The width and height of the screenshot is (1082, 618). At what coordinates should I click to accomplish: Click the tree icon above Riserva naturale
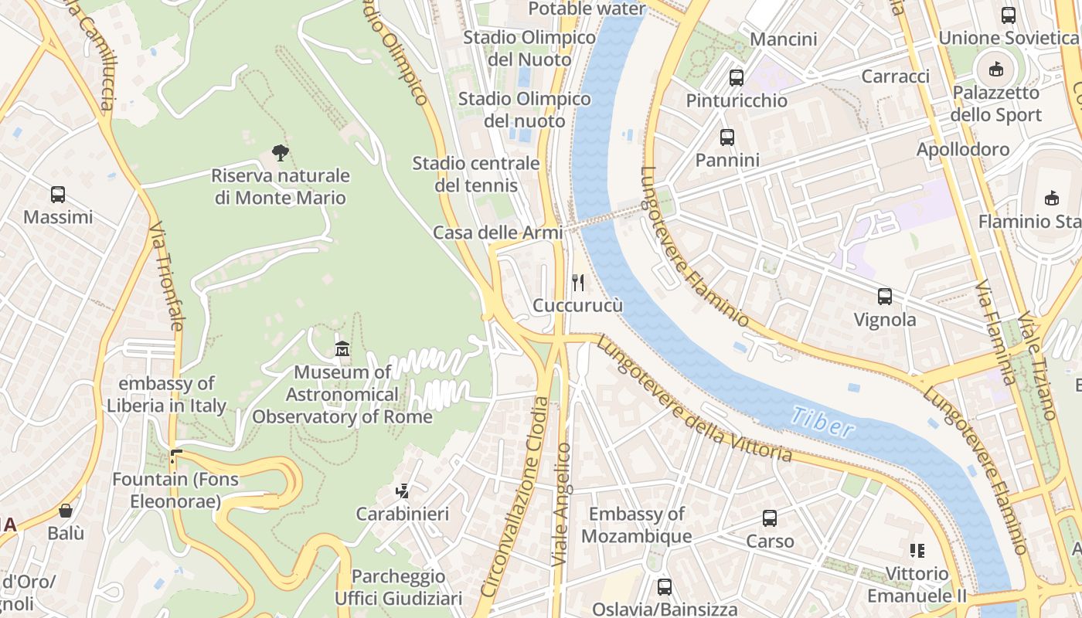click(x=281, y=152)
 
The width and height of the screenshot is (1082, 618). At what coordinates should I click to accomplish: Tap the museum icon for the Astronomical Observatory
click(x=342, y=349)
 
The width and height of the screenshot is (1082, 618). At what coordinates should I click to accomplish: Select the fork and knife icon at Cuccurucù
click(x=577, y=282)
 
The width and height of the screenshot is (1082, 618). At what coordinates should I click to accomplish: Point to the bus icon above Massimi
click(x=58, y=194)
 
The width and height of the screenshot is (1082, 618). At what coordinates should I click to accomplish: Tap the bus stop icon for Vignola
click(x=885, y=296)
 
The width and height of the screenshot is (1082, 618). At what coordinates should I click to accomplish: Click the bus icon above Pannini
click(x=727, y=138)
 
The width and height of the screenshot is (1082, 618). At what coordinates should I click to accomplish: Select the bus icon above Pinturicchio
click(x=737, y=77)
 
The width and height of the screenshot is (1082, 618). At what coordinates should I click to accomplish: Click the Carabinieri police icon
click(x=402, y=491)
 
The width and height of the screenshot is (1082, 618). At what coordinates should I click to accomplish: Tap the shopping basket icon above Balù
click(x=66, y=511)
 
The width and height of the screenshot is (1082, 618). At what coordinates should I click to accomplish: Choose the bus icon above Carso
click(x=770, y=518)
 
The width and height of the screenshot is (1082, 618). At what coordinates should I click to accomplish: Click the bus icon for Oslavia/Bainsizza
click(x=664, y=587)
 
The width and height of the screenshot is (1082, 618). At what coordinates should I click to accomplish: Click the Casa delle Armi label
click(x=498, y=233)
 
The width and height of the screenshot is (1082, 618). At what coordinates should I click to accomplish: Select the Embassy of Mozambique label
click(x=636, y=525)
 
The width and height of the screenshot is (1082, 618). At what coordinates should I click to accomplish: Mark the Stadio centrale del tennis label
click(x=475, y=174)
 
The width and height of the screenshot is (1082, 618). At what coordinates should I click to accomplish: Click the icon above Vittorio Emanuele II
click(x=917, y=551)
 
